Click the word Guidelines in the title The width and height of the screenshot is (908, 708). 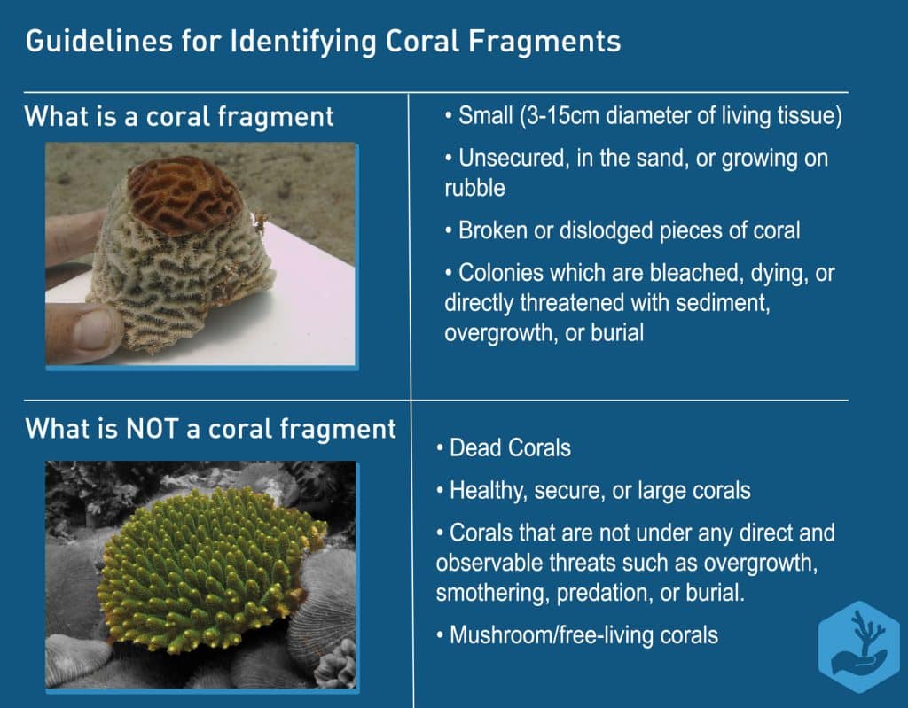(99, 42)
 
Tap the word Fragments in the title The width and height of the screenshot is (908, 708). (544, 42)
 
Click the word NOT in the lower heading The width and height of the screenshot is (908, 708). (153, 428)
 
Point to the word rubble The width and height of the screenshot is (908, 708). (475, 188)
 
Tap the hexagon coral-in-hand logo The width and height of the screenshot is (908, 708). (858, 646)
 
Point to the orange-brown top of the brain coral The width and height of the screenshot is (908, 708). (184, 196)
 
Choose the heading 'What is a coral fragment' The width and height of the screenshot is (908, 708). (179, 116)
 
